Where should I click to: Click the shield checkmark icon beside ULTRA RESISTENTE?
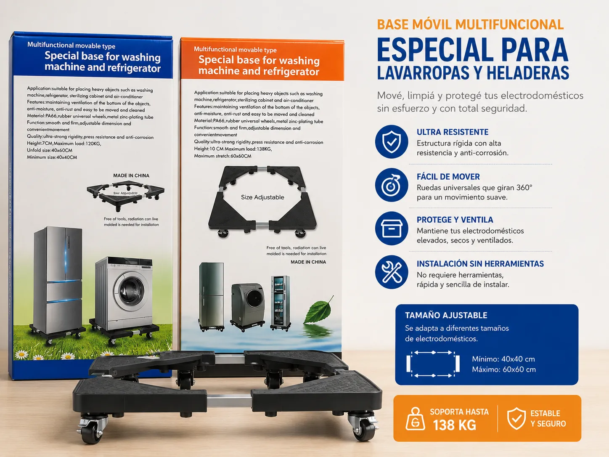point(392,141)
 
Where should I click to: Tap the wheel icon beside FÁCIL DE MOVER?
point(392,185)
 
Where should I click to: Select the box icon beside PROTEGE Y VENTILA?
point(392,228)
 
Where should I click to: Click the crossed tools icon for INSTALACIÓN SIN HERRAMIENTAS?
point(392,272)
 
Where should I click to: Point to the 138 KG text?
point(455,425)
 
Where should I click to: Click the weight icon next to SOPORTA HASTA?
point(415,419)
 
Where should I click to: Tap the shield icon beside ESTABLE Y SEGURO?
point(516,418)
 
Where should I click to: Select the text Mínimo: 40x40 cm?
point(503,359)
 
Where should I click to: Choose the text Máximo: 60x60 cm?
point(504,369)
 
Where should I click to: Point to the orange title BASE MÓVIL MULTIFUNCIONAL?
point(470,24)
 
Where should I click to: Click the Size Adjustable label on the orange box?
point(262,197)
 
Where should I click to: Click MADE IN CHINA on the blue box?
point(131,175)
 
